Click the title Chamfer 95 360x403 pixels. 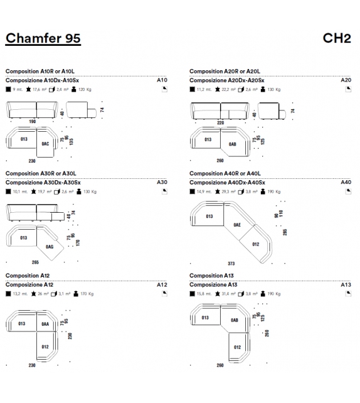(x=43, y=39)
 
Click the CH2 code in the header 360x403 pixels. (x=336, y=39)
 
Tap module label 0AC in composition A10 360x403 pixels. (x=45, y=144)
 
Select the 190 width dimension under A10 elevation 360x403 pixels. (x=32, y=122)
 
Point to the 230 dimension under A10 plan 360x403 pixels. (x=32, y=161)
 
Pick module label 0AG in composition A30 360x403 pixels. (x=50, y=247)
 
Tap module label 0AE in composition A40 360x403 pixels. (x=237, y=224)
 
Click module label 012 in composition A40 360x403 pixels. (x=256, y=244)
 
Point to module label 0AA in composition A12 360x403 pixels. (x=45, y=324)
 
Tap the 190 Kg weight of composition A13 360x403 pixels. (x=273, y=293)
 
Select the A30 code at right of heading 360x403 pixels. (x=162, y=183)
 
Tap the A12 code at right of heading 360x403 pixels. (x=162, y=284)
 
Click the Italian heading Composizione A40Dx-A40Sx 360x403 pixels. (x=227, y=183)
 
